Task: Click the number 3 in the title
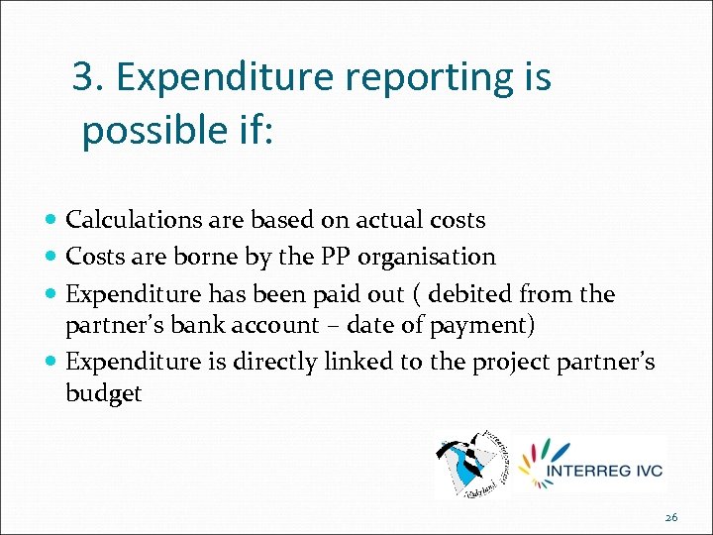[x=85, y=77]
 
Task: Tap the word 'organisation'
[x=427, y=258]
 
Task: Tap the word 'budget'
[x=103, y=393]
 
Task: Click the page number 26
[x=670, y=517]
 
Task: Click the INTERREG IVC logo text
[x=605, y=470]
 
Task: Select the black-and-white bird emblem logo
[x=471, y=464]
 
